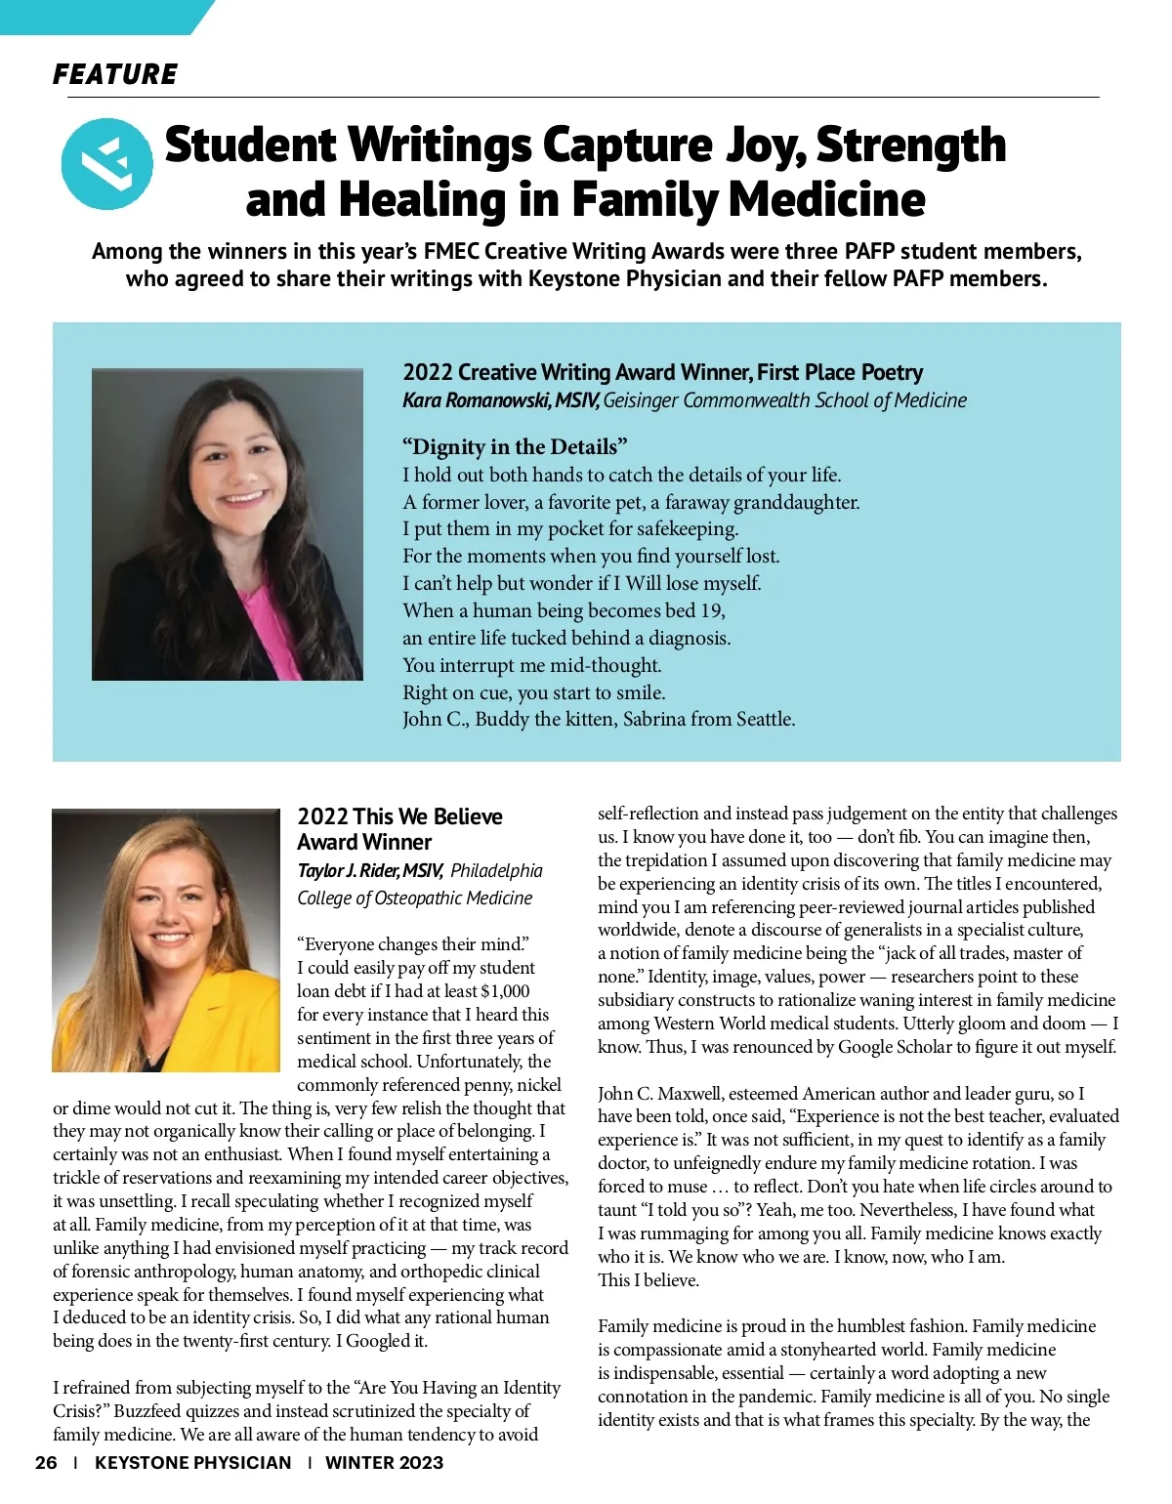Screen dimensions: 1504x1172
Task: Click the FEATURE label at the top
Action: click(x=115, y=74)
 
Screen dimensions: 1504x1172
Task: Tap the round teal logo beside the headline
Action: click(x=106, y=164)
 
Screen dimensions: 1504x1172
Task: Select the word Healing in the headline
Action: click(x=428, y=200)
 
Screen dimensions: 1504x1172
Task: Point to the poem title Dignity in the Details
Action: click(x=515, y=447)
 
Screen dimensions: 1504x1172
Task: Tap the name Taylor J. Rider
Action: click(x=347, y=871)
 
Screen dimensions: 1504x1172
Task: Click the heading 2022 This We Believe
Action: click(x=399, y=816)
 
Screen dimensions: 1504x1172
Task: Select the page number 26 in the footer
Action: click(x=46, y=1463)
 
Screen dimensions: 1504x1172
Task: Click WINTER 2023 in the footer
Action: click(x=384, y=1463)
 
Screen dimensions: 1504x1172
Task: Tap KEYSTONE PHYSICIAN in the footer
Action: click(x=192, y=1463)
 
